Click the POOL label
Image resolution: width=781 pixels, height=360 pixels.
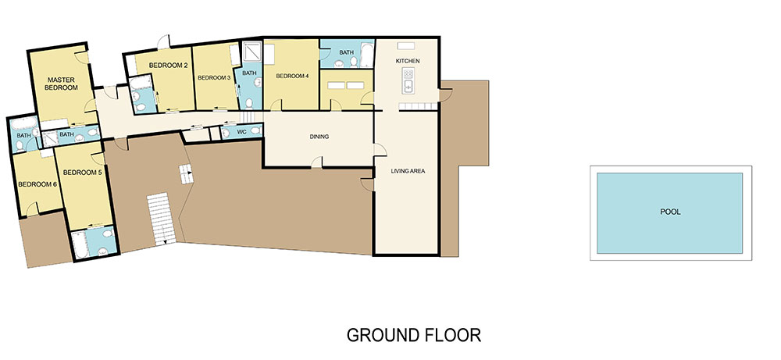pyautogui.click(x=669, y=211)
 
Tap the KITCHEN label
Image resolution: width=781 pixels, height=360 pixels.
pyautogui.click(x=408, y=61)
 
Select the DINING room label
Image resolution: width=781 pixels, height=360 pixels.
pyautogui.click(x=319, y=137)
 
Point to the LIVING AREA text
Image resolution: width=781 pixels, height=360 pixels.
pyautogui.click(x=407, y=170)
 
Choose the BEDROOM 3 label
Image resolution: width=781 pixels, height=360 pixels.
pyautogui.click(x=213, y=78)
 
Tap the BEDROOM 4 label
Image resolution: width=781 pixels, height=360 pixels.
pyautogui.click(x=291, y=76)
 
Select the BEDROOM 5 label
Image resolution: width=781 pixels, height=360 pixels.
pyautogui.click(x=83, y=172)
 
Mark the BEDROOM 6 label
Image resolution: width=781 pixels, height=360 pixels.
pyautogui.click(x=35, y=184)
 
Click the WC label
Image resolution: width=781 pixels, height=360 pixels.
pyautogui.click(x=242, y=132)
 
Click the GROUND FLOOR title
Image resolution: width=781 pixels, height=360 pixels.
pyautogui.click(x=414, y=335)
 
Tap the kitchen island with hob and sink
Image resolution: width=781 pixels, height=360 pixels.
pyautogui.click(x=408, y=78)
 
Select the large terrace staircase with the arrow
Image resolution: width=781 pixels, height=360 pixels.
pyautogui.click(x=159, y=217)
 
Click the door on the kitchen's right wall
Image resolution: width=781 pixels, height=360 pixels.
pyautogui.click(x=445, y=94)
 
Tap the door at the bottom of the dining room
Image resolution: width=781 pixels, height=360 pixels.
pyautogui.click(x=316, y=162)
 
